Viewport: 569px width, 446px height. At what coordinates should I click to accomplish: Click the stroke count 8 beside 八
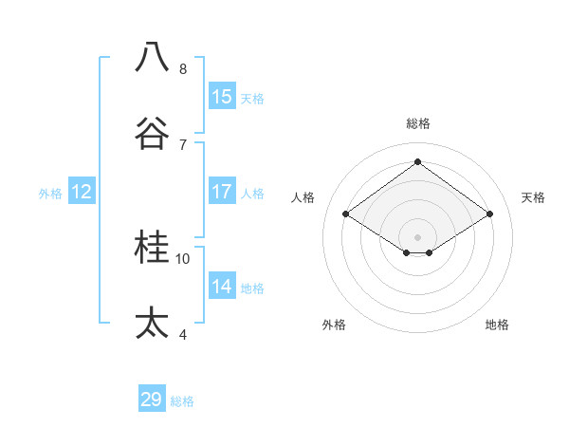coord(182,69)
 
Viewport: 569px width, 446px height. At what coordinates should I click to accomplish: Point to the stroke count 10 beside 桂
coord(183,258)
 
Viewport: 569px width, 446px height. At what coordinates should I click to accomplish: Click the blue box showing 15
coord(222,97)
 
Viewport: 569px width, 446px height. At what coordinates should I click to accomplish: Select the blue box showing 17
coord(222,192)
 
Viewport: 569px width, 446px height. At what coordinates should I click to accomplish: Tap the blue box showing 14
coord(222,287)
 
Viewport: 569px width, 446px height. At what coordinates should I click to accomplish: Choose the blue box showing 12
coord(82,192)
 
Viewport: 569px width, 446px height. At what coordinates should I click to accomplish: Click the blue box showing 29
coord(152,400)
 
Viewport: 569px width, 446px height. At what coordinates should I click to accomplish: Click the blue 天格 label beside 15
coord(252,99)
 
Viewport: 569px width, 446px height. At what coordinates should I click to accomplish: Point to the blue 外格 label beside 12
coord(50,194)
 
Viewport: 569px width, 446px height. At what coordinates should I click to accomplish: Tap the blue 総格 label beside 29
coord(182,401)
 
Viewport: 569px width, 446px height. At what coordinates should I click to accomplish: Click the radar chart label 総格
coord(418,123)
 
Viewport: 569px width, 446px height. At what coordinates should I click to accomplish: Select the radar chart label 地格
coord(497,325)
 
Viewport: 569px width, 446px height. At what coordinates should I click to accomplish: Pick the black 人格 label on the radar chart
coord(303,197)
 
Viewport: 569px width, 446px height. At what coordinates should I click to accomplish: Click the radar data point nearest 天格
coord(489,214)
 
